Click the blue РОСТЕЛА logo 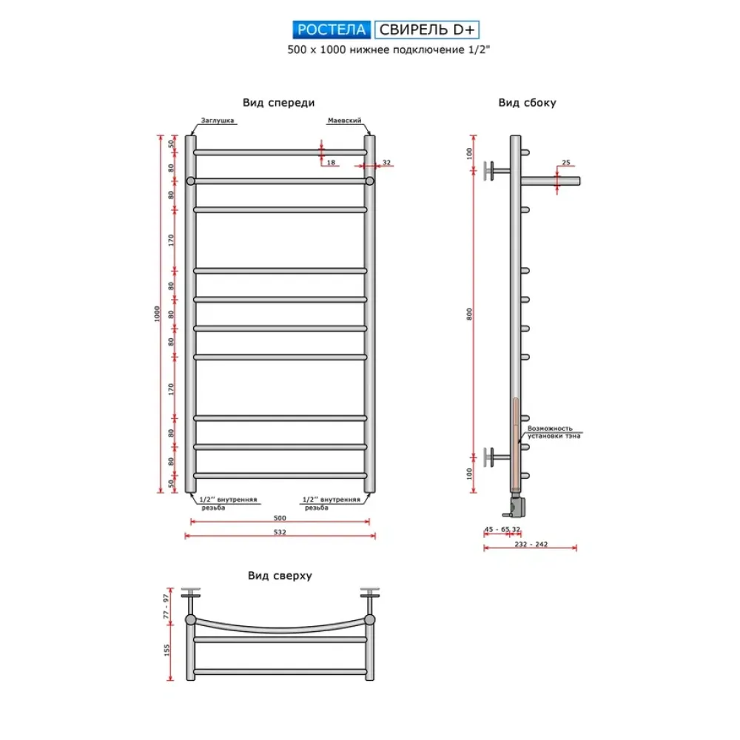click(x=332, y=30)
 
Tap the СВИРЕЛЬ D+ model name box click(x=427, y=30)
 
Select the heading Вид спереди click(x=278, y=103)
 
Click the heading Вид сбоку click(x=527, y=103)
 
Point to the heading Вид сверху click(x=280, y=576)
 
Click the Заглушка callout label click(x=218, y=121)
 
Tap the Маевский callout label click(x=345, y=121)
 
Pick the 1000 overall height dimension click(x=157, y=314)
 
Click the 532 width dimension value click(x=280, y=532)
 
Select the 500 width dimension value click(x=280, y=518)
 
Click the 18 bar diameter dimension click(x=331, y=162)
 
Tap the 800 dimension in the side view click(x=469, y=314)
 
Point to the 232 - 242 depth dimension click(x=531, y=544)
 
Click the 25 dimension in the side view click(x=566, y=162)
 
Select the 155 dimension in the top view click(x=166, y=650)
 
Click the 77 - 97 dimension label click(x=166, y=607)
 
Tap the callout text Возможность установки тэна click(x=554, y=432)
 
